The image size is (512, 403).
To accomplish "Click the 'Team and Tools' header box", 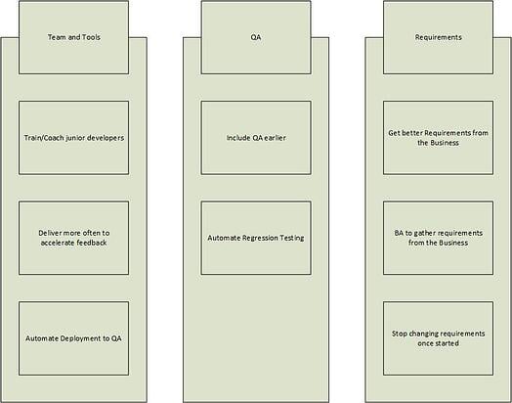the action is coord(74,37).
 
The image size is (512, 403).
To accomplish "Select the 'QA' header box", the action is coord(256,37).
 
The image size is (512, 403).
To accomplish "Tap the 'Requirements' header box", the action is coord(438,37).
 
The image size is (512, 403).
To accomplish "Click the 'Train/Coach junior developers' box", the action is coord(74,138).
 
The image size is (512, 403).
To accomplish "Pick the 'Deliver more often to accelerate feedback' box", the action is coord(74,238).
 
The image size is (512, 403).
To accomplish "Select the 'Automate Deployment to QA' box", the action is coord(74,338).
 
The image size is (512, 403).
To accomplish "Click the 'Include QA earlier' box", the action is coord(256,138).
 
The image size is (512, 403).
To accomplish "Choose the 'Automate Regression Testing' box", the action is coord(256,238).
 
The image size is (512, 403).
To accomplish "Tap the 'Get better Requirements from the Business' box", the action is coord(438,138).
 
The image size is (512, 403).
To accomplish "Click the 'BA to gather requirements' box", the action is coord(438,238).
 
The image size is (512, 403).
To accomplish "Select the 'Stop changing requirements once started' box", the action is coord(438,338).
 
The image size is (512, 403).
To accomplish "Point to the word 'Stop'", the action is coord(399,334).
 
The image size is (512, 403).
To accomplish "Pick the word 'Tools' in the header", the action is coord(91,37).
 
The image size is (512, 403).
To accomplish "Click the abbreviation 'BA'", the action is coord(399,233).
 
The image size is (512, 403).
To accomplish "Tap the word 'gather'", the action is coord(424,234).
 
